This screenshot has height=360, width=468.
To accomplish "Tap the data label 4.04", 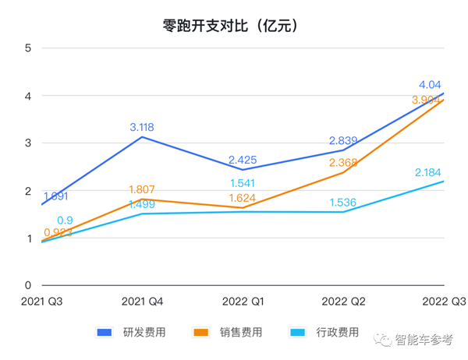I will (x=431, y=84).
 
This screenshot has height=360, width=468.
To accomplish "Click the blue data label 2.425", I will (x=243, y=160).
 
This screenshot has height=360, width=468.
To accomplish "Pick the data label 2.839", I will (x=343, y=140).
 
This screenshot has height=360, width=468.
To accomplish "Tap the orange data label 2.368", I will (x=343, y=162).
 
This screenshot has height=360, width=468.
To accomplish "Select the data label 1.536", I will (x=343, y=202).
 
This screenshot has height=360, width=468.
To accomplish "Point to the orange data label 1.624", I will (x=243, y=198).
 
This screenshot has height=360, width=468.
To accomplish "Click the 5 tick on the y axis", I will (x=27, y=48).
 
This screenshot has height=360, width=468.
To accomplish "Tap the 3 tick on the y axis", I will (x=27, y=143).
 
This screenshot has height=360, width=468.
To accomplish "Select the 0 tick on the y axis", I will (x=27, y=286).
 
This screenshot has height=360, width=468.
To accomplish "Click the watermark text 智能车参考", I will (x=424, y=340).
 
